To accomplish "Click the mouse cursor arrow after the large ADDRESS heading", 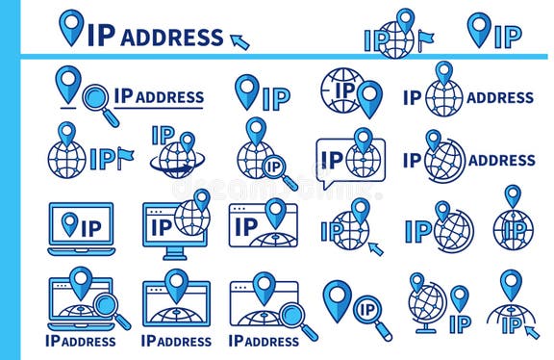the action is pyautogui.click(x=239, y=40).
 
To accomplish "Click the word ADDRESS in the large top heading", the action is pyautogui.click(x=172, y=38).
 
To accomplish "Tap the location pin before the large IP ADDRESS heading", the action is pyautogui.click(x=71, y=27).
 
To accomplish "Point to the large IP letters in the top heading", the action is pyautogui.click(x=101, y=36).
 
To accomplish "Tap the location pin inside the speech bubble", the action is pyautogui.click(x=363, y=142).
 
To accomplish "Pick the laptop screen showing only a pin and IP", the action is pyautogui.click(x=82, y=225).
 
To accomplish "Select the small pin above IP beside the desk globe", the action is pyautogui.click(x=460, y=297).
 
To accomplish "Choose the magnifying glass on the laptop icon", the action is pyautogui.click(x=110, y=310).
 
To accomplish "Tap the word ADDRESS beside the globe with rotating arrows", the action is pyautogui.click(x=500, y=161).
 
